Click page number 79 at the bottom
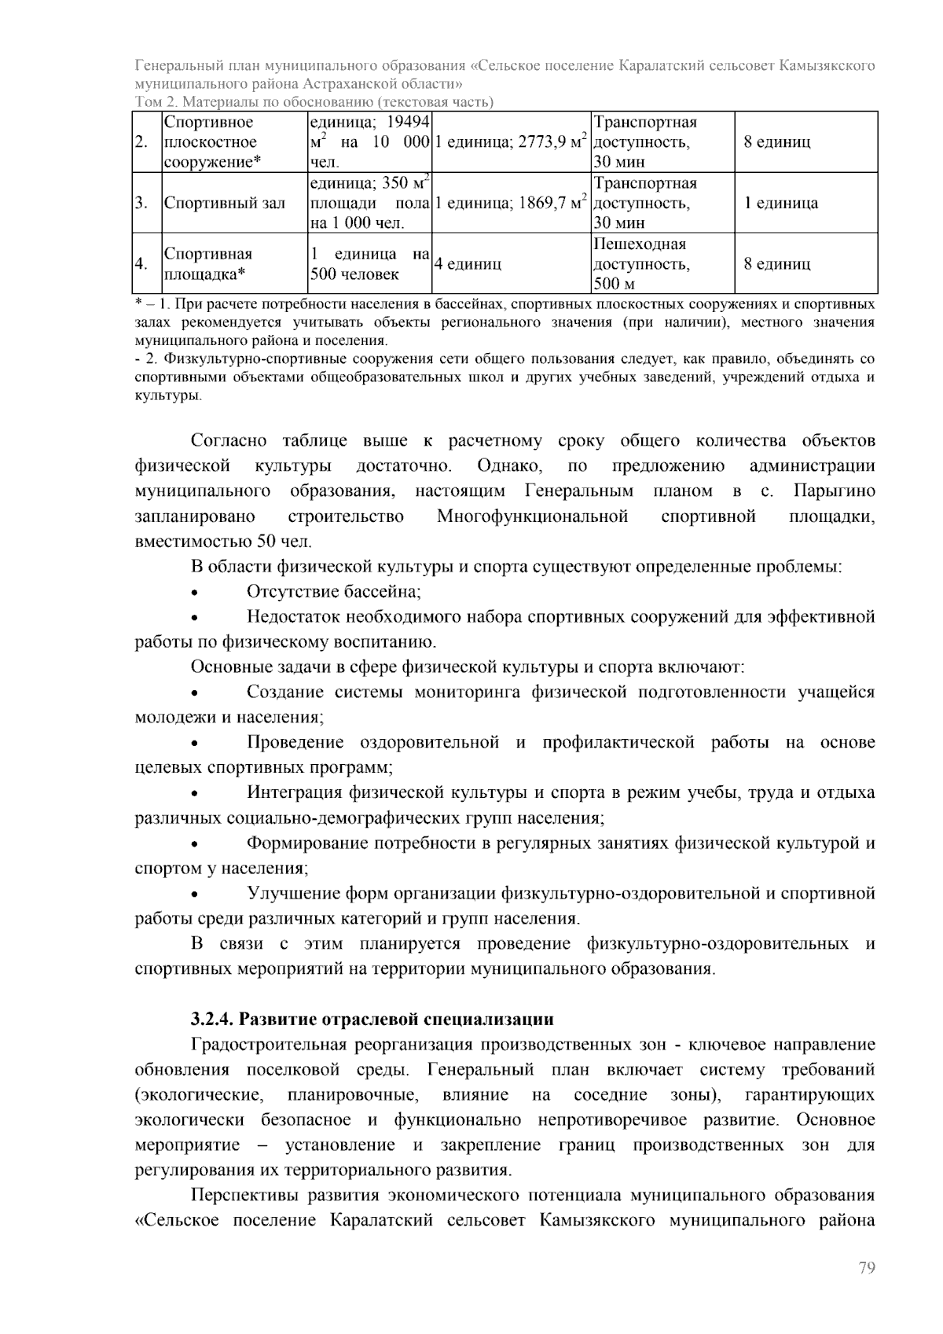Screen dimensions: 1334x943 (866, 1268)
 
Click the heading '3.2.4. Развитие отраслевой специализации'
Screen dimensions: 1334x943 (372, 1019)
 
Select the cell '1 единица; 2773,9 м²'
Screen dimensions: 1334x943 (511, 142)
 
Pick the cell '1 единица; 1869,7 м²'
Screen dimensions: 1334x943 (511, 203)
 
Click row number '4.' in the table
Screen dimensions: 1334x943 (141, 264)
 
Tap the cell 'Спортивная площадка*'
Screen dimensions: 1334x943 (208, 264)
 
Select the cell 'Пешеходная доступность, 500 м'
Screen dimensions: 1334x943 (641, 264)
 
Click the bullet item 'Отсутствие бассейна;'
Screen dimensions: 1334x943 (334, 592)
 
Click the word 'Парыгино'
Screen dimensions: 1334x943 (834, 491)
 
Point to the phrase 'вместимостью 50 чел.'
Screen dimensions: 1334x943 (223, 542)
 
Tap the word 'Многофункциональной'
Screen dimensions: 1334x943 (532, 516)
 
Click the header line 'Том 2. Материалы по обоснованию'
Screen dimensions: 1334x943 (314, 102)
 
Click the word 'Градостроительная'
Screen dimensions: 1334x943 (268, 1045)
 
